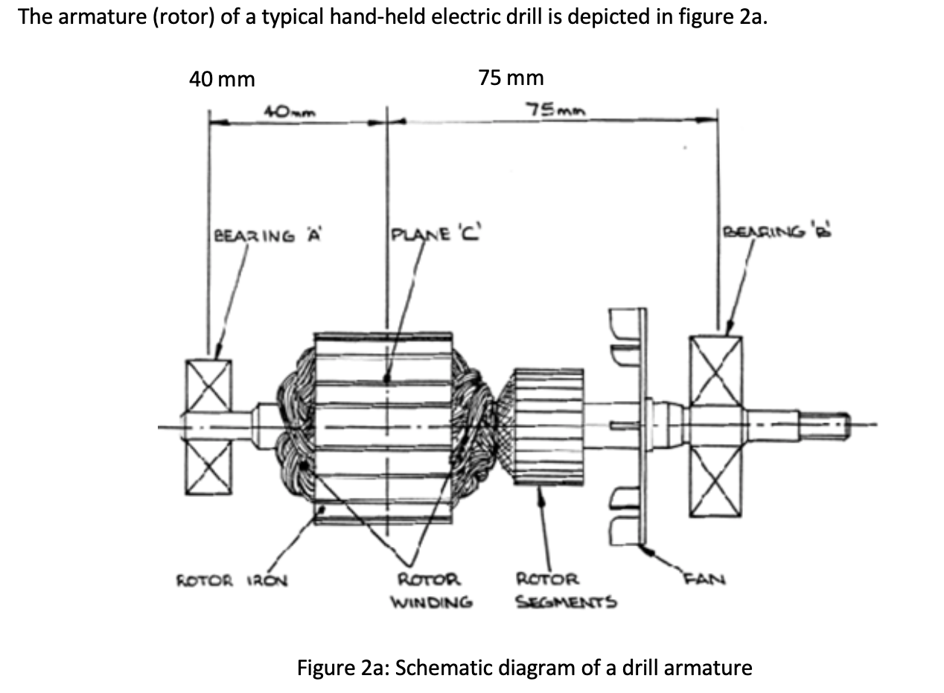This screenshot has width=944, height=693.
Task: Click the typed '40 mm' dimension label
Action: [222, 79]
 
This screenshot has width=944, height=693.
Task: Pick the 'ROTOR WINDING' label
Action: [432, 590]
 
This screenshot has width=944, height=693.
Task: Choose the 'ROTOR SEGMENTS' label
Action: [565, 590]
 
